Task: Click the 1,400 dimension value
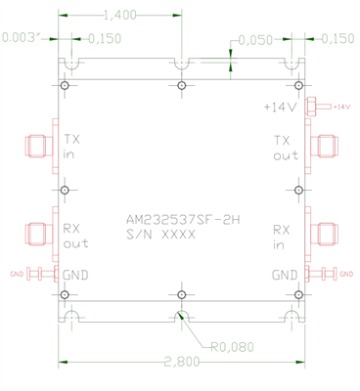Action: [x=119, y=15]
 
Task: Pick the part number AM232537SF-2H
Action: [x=182, y=220]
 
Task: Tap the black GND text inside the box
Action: [x=75, y=276]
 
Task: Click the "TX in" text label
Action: [x=72, y=147]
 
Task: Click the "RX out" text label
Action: [x=74, y=236]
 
